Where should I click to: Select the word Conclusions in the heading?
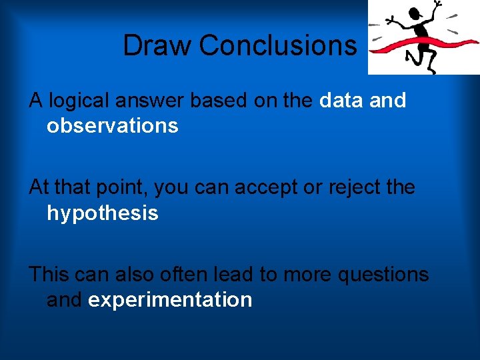pos(278,46)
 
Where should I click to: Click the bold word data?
pos(340,101)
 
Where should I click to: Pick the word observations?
pos(112,126)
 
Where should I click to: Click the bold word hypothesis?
pos(102,213)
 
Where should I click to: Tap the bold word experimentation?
pos(170,299)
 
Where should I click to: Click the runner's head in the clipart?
pos(417,13)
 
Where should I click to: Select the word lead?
pos(230,274)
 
